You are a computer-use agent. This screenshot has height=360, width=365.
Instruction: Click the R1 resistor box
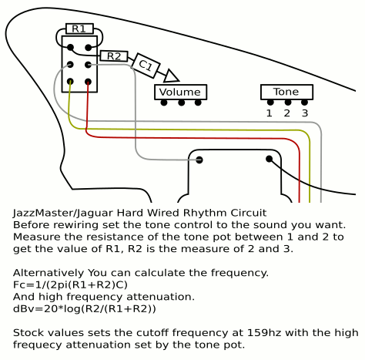pyautogui.click(x=79, y=29)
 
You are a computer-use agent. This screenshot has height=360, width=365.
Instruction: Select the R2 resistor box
pyautogui.click(x=114, y=56)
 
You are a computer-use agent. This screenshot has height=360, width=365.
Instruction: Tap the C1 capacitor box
pyautogui.click(x=146, y=66)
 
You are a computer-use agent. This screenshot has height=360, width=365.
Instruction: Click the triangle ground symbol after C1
pyautogui.click(x=171, y=76)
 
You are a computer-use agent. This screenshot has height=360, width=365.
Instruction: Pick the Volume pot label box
pyautogui.click(x=180, y=92)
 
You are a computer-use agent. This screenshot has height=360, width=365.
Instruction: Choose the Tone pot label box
pyautogui.click(x=286, y=92)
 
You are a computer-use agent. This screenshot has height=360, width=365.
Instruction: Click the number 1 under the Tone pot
pyautogui.click(x=269, y=113)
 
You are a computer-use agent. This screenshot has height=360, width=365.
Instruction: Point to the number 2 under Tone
pyautogui.click(x=287, y=113)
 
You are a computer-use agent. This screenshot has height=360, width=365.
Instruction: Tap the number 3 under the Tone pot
pyautogui.click(x=305, y=113)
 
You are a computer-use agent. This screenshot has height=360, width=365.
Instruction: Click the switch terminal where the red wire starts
pyautogui.click(x=88, y=82)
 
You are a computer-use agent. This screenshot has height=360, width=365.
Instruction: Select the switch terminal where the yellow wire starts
pyautogui.click(x=70, y=82)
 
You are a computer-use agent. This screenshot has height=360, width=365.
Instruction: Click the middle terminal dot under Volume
pyautogui.click(x=182, y=103)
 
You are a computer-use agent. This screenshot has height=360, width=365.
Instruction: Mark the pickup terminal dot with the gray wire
pyautogui.click(x=199, y=160)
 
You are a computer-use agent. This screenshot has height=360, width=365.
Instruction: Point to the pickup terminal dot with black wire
pyautogui.click(x=269, y=159)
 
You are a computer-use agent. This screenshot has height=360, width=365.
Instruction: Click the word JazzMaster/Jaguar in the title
pyautogui.click(x=63, y=213)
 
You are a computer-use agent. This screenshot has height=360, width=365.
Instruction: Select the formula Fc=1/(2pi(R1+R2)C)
pyautogui.click(x=70, y=284)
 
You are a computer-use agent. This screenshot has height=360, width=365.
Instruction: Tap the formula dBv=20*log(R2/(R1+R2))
pyautogui.click(x=85, y=308)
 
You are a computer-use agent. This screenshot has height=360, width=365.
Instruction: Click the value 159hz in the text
pyautogui.click(x=264, y=332)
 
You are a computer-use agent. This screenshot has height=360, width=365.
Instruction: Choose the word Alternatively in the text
pyautogui.click(x=49, y=273)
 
